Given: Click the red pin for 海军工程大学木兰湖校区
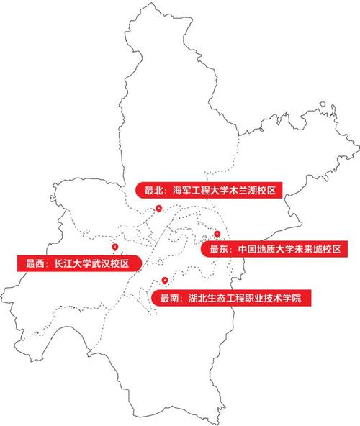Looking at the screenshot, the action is click(x=158, y=208).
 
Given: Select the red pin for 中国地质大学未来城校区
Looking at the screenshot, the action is click(x=217, y=234).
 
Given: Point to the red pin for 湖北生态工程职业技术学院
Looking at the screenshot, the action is click(x=165, y=280).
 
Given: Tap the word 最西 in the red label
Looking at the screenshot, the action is click(x=35, y=263).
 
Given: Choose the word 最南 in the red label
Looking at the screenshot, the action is click(x=170, y=296).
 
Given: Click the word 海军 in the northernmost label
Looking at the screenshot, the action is click(x=181, y=191).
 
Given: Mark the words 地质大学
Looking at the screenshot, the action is click(x=276, y=249).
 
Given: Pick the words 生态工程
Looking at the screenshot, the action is click(x=227, y=296).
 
